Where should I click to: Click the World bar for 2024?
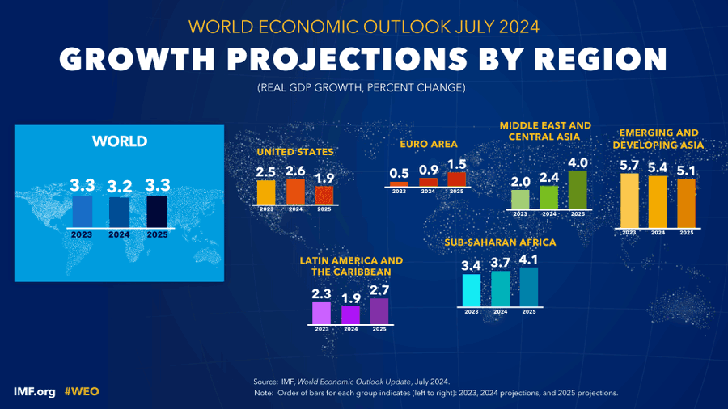click(120, 212)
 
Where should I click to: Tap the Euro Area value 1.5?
click(457, 164)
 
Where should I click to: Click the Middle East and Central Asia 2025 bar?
click(578, 190)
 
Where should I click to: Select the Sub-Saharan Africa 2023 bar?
click(471, 290)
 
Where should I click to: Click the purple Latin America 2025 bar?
click(379, 310)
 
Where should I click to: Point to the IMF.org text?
click(34, 391)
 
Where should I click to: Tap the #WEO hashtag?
click(82, 391)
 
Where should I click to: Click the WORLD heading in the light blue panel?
click(119, 141)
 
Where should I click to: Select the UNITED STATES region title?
click(295, 151)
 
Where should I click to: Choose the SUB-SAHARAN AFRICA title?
click(500, 242)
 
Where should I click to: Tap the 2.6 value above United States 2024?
click(295, 171)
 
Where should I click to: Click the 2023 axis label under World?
click(83, 234)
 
